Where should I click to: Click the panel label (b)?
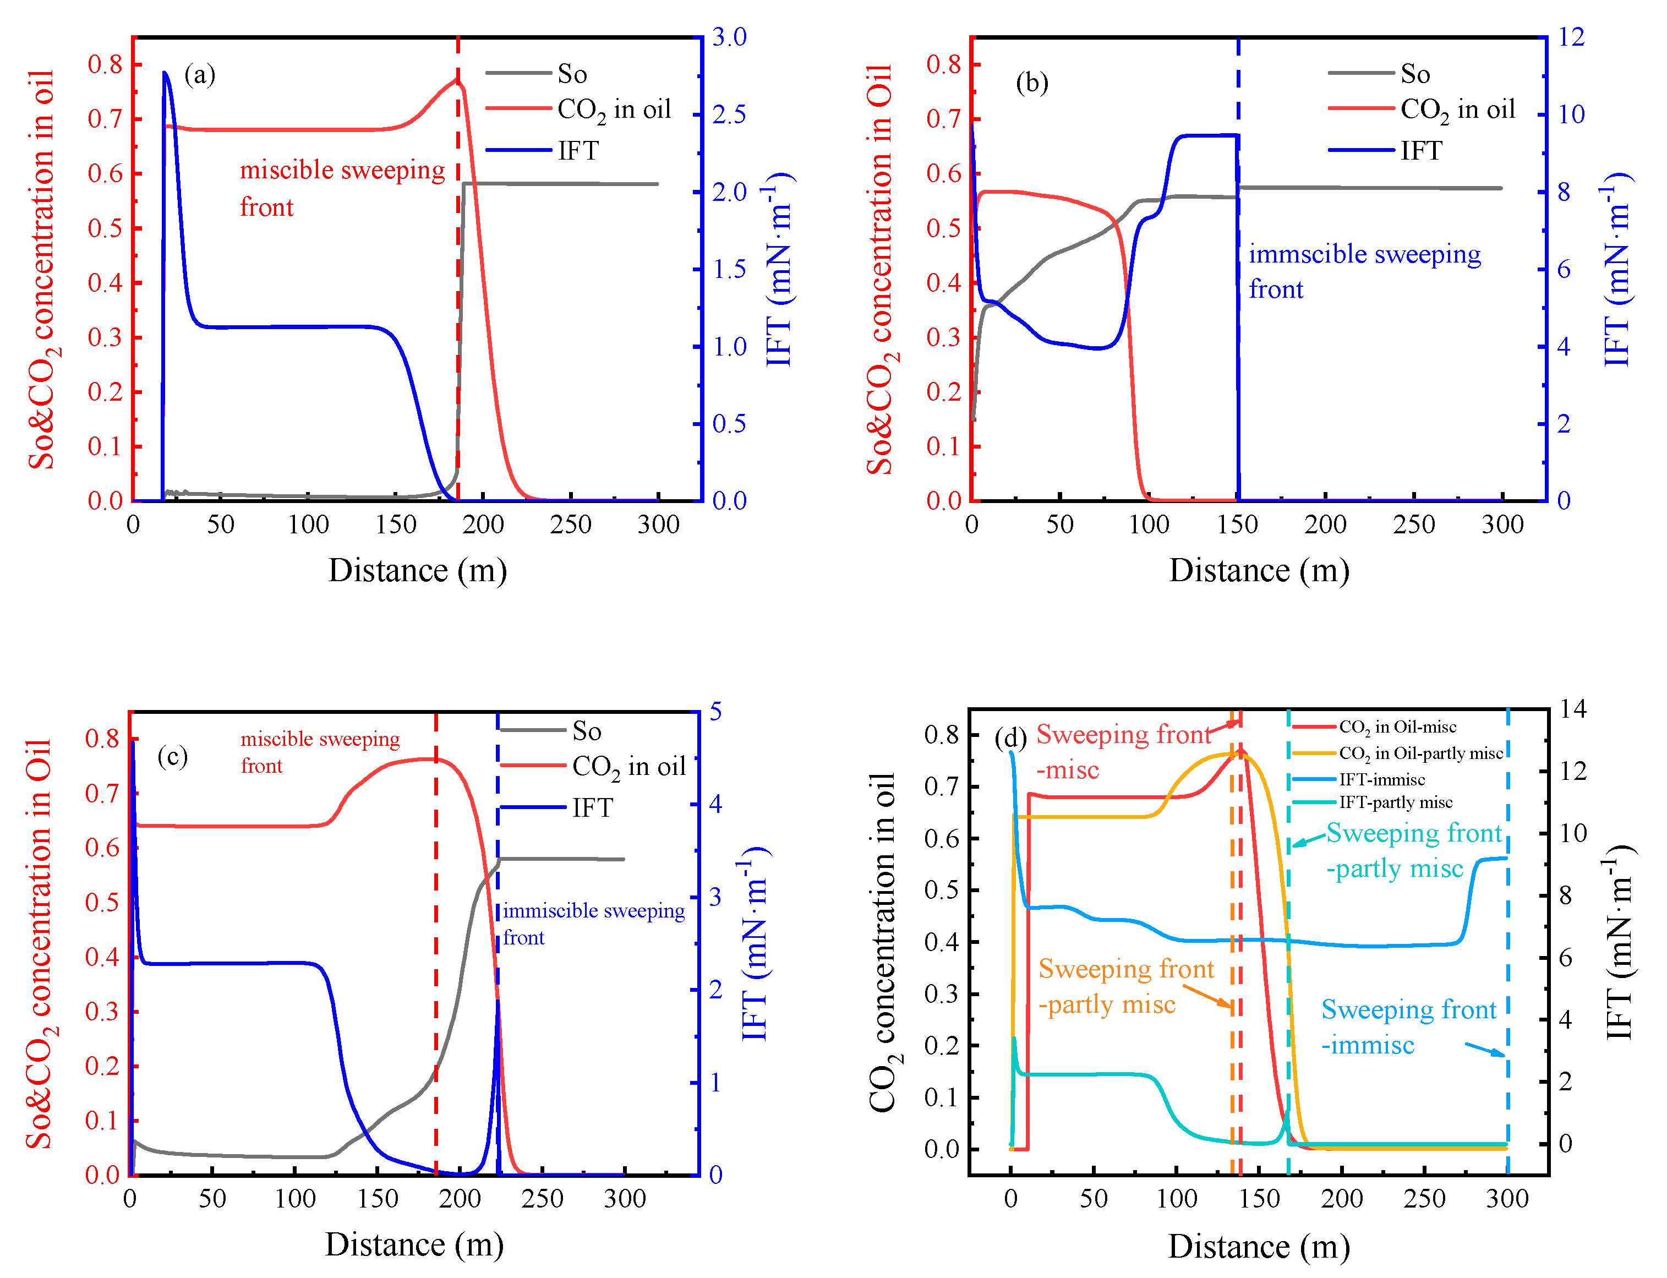(1031, 82)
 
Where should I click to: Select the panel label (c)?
(173, 756)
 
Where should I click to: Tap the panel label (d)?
(1010, 737)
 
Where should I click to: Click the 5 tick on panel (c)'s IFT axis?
(715, 712)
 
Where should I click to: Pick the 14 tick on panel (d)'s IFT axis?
(1573, 709)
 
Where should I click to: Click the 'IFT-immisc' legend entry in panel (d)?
(1382, 779)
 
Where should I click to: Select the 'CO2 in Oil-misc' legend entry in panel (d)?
(1397, 727)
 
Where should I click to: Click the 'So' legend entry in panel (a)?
(572, 74)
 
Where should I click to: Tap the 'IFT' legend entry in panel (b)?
(1420, 151)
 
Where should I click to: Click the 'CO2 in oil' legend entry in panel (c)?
(628, 767)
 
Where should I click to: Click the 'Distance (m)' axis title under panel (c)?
(414, 1244)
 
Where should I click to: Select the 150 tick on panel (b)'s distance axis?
(1237, 524)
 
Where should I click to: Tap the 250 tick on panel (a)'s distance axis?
(570, 524)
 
